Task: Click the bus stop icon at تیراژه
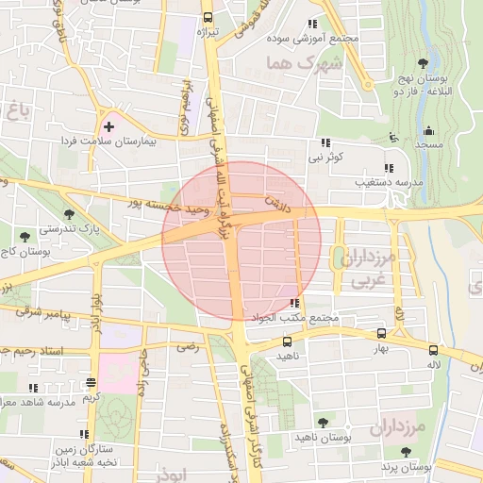pyautogui.click(x=208, y=18)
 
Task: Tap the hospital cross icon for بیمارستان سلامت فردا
pyautogui.click(x=108, y=125)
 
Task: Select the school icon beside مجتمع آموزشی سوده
pyautogui.click(x=312, y=25)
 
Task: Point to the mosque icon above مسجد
pyautogui.click(x=429, y=131)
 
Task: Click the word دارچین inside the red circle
pyautogui.click(x=276, y=202)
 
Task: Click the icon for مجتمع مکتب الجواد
pyautogui.click(x=295, y=304)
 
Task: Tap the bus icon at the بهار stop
pyautogui.click(x=381, y=334)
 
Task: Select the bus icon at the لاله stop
pyautogui.click(x=433, y=348)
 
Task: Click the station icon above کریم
pyautogui.click(x=91, y=382)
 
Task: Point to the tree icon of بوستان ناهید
pyautogui.click(x=324, y=423)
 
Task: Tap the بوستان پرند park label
pyautogui.click(x=407, y=467)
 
